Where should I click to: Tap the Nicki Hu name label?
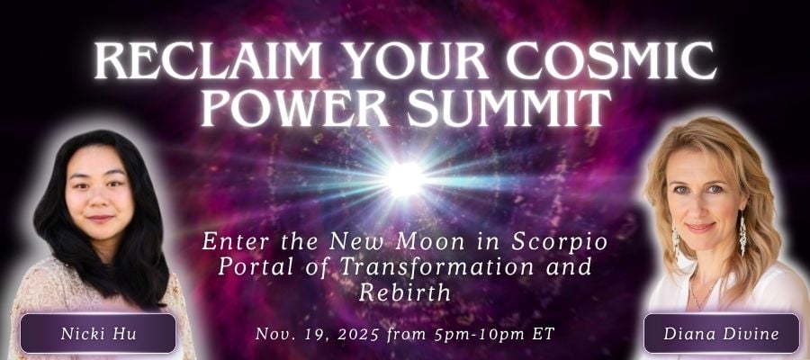point(98,333)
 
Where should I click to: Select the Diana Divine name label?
point(721,333)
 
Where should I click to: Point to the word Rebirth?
point(404,292)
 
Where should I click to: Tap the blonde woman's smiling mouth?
point(700,228)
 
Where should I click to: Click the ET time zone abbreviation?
point(544,334)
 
